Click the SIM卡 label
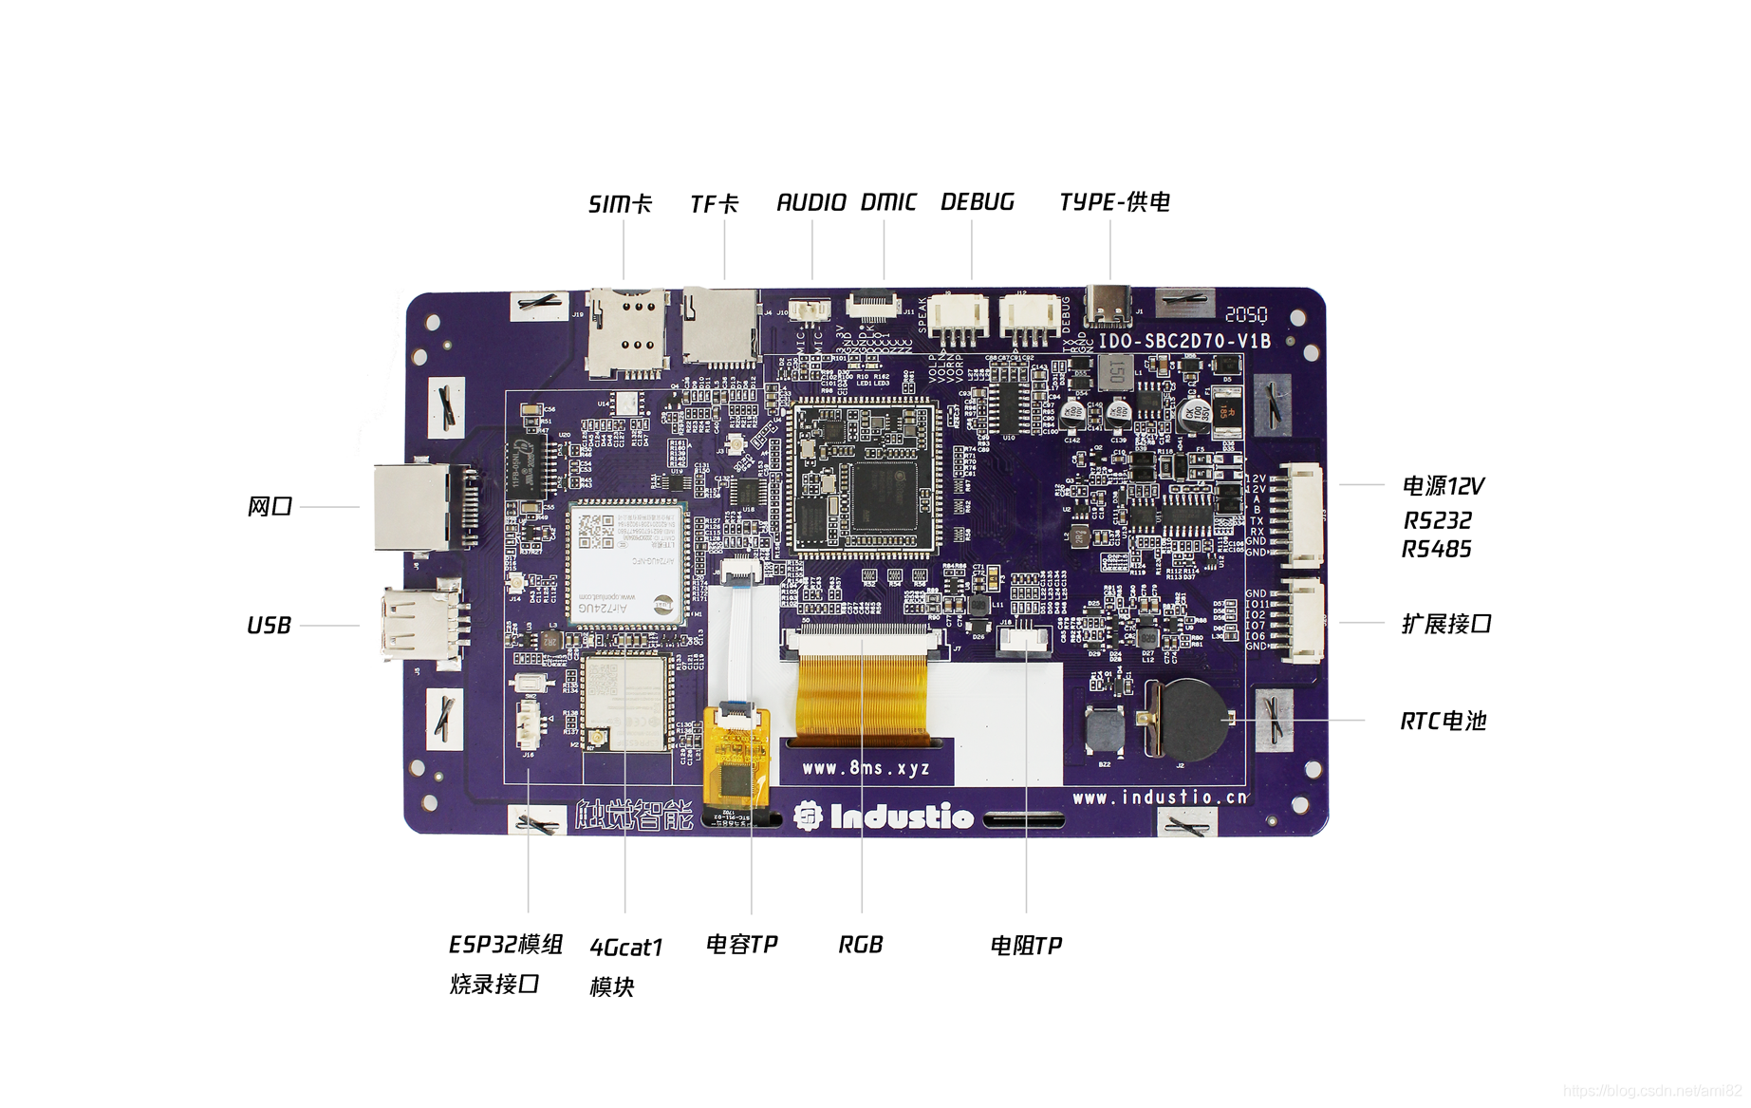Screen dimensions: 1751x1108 click(620, 204)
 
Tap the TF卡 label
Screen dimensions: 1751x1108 click(714, 204)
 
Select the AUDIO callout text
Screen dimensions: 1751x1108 click(810, 202)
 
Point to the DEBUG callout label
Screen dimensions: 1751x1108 click(977, 202)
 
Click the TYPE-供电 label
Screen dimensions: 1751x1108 click(1114, 202)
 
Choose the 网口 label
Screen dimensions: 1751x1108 click(270, 507)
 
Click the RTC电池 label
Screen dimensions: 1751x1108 click(1443, 722)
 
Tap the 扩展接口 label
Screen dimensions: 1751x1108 click(1446, 624)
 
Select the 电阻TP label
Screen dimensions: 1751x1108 click(1026, 946)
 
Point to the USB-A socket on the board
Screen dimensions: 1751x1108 click(418, 624)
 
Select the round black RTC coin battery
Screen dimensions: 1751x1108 click(1194, 719)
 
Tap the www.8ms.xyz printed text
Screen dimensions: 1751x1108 click(866, 768)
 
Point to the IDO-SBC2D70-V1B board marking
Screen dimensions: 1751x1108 click(1183, 341)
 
